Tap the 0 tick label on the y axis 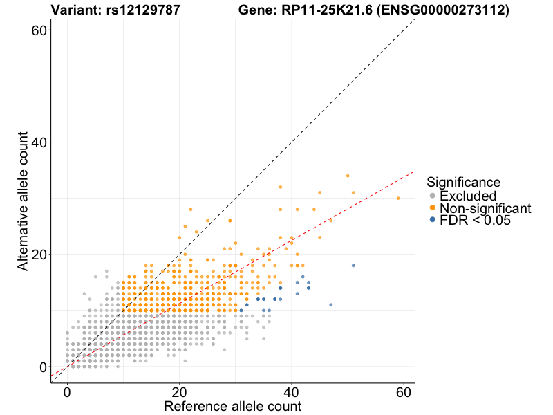[x=43, y=367]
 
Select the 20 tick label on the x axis [x=180, y=391]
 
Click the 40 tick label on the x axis [x=292, y=391]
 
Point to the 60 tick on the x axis [x=404, y=391]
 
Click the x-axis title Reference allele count [x=232, y=406]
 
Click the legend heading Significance [x=463, y=182]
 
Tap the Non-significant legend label [x=485, y=207]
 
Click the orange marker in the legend [x=433, y=207]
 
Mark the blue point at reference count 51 [x=353, y=266]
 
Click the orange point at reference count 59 [x=398, y=198]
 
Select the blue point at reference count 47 [x=331, y=305]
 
